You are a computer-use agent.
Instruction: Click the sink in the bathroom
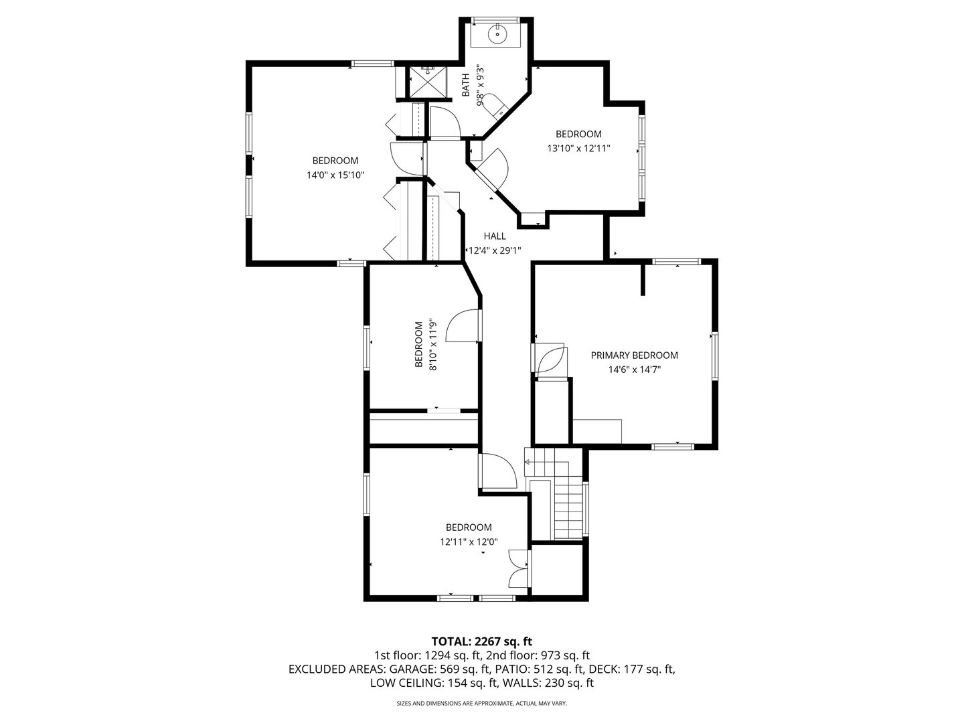[497, 33]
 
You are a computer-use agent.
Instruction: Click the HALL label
[495, 236]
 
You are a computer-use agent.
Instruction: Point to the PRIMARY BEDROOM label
[634, 355]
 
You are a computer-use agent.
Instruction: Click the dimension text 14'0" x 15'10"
[335, 175]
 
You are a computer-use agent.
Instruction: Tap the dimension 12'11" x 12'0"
[469, 542]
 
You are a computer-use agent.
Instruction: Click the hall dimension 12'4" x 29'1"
[495, 251]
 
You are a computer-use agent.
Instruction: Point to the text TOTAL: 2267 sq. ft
[481, 641]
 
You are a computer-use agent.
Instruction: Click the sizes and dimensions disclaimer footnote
[481, 704]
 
